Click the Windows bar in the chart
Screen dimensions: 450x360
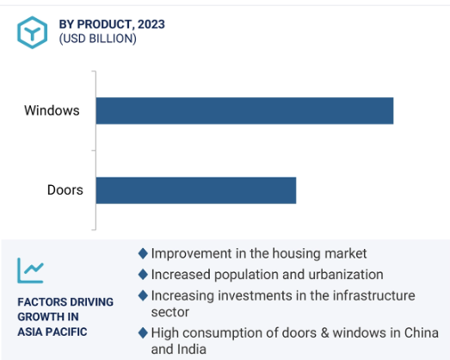click(x=244, y=111)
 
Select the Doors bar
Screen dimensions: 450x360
click(x=196, y=190)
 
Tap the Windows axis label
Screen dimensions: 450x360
click(x=52, y=110)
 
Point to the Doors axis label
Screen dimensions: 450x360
click(x=65, y=190)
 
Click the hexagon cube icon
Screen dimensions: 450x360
click(x=32, y=32)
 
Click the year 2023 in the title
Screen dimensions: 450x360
click(x=151, y=24)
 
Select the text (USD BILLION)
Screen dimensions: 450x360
click(x=97, y=39)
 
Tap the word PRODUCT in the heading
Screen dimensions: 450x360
click(x=106, y=24)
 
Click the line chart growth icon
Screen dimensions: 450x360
click(x=30, y=270)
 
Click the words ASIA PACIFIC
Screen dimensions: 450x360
click(x=52, y=332)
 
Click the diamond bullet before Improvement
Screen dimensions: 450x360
click(x=143, y=253)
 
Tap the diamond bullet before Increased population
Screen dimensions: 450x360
click(x=143, y=275)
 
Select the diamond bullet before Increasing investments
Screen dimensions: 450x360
click(x=143, y=295)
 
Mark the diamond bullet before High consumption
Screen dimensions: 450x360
click(x=143, y=333)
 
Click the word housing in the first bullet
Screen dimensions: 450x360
click(x=296, y=254)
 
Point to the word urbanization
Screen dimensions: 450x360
click(x=346, y=275)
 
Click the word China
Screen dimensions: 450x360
click(x=422, y=333)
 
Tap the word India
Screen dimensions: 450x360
click(x=192, y=350)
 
